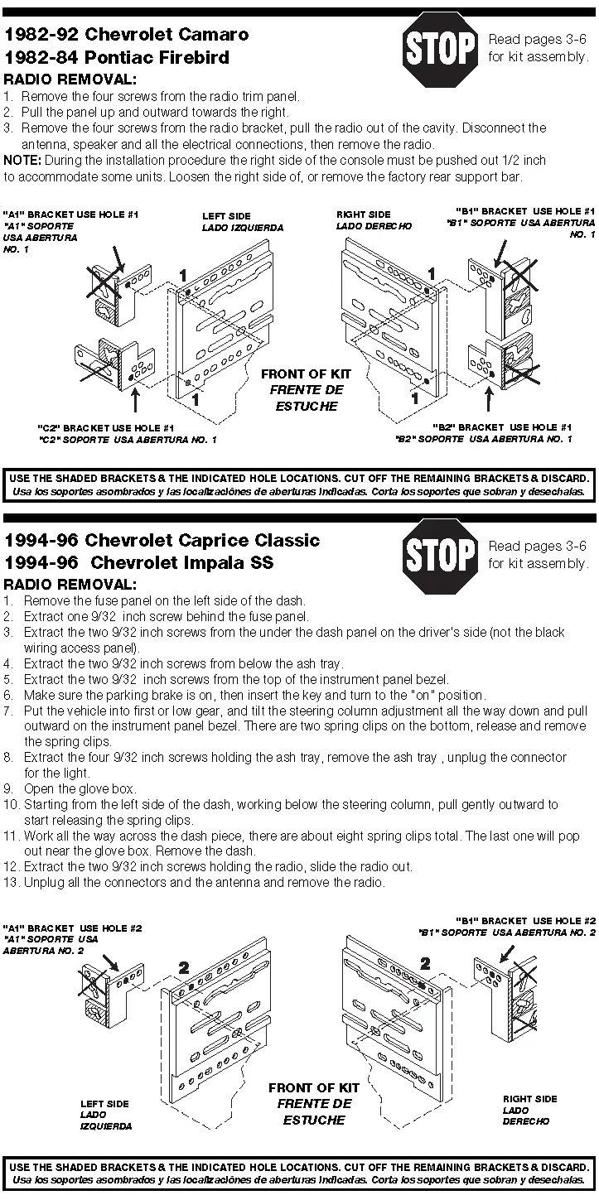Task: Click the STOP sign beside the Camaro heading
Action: click(x=439, y=49)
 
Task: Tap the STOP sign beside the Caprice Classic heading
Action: click(x=439, y=555)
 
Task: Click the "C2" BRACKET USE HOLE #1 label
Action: click(x=106, y=428)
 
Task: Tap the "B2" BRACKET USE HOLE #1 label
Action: click(x=501, y=427)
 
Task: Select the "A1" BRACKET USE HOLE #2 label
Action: click(x=73, y=928)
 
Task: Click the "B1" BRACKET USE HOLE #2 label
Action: click(x=525, y=921)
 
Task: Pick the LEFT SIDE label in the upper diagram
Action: click(x=226, y=216)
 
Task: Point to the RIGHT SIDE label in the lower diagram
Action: click(x=529, y=1099)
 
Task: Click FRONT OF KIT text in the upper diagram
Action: click(x=304, y=374)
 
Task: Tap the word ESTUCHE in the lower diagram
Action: click(x=314, y=1120)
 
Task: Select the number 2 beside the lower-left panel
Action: click(x=184, y=967)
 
